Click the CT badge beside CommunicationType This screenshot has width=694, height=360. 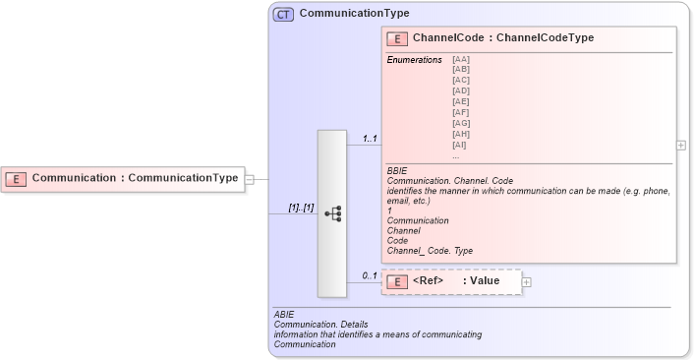click(x=283, y=14)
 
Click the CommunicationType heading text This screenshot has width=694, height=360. click(x=354, y=14)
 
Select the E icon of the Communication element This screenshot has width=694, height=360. click(x=16, y=179)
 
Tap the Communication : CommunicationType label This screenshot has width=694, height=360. click(x=136, y=179)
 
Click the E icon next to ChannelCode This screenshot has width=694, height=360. click(x=398, y=38)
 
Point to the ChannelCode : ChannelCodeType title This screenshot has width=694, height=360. click(x=503, y=38)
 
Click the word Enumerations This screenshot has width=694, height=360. click(x=414, y=60)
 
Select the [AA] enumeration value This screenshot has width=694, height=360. click(x=461, y=60)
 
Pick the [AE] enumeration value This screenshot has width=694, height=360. click(x=461, y=101)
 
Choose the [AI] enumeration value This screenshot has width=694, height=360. click(x=461, y=145)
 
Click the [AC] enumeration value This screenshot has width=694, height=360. click(x=461, y=81)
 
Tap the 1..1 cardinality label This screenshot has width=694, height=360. click(x=370, y=139)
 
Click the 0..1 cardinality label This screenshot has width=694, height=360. click(x=370, y=275)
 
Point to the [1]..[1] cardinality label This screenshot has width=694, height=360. click(x=301, y=209)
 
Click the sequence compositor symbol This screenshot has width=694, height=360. click(x=332, y=212)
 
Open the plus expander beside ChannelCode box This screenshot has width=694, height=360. click(x=681, y=145)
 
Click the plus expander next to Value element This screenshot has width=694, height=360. click(x=527, y=282)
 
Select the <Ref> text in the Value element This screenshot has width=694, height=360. click(x=429, y=281)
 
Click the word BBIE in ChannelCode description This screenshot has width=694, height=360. click(x=398, y=171)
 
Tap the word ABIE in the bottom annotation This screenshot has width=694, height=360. click(x=284, y=314)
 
